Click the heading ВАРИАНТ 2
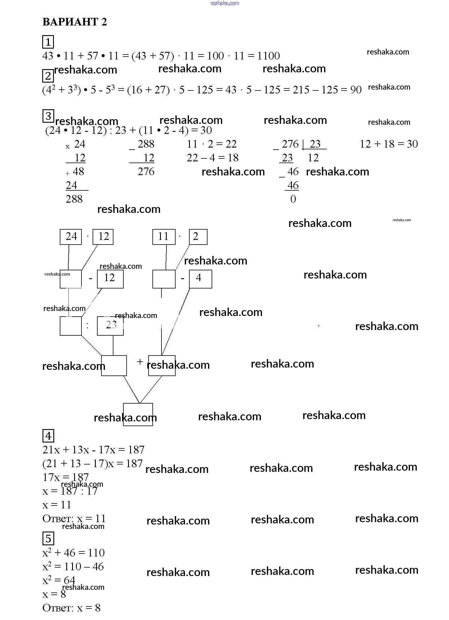[75, 22]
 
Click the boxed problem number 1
[48, 42]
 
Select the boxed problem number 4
[48, 436]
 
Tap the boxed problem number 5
[48, 539]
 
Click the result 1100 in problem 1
[269, 56]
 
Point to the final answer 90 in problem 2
[356, 90]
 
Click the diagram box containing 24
[71, 237]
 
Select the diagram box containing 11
[164, 237]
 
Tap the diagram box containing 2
[198, 237]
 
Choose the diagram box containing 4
[200, 279]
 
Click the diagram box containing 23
[110, 326]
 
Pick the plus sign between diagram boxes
[140, 362]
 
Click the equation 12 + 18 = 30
[389, 144]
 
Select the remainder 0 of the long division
[293, 199]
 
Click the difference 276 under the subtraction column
[146, 172]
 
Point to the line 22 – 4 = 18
[212, 158]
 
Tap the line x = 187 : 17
[70, 491]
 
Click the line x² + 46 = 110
[74, 553]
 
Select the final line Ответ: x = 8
[72, 608]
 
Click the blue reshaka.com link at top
[224, 3]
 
